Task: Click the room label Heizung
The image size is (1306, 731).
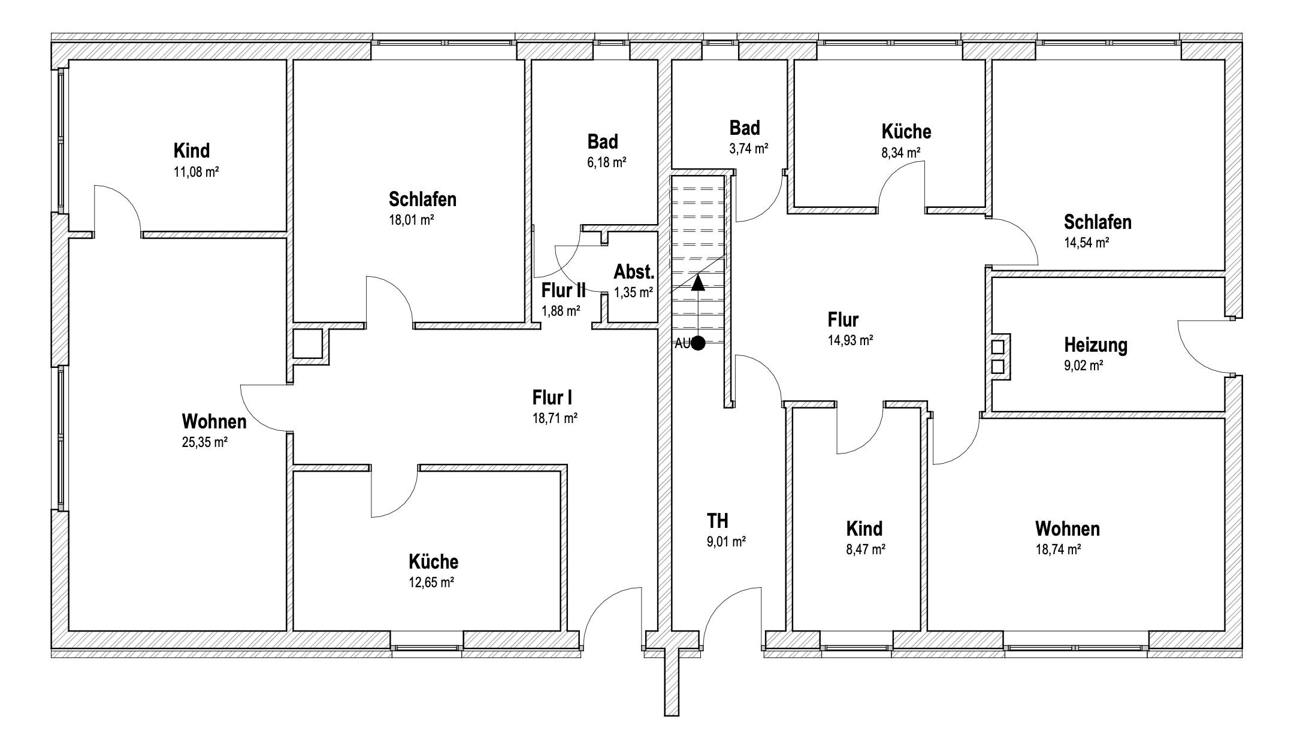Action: (x=1096, y=345)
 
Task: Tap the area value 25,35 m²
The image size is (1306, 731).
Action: (x=204, y=443)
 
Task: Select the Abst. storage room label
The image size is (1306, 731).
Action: (x=634, y=272)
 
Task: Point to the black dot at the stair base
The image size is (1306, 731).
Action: (x=698, y=343)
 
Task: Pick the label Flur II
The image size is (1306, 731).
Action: (x=564, y=291)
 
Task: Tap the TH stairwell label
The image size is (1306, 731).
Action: (x=718, y=521)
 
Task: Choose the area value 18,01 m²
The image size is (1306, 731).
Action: (x=412, y=220)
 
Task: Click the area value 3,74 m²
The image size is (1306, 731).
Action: (x=749, y=149)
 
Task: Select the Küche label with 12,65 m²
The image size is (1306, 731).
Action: (x=434, y=562)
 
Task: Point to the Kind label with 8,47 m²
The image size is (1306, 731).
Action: (x=864, y=528)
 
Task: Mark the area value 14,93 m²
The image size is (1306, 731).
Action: (x=850, y=341)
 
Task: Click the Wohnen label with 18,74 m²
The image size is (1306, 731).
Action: (x=1068, y=529)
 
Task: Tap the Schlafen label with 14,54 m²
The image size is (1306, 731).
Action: (x=1098, y=222)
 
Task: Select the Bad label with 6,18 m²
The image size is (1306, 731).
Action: (x=603, y=142)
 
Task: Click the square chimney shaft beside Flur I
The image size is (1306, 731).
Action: (x=308, y=343)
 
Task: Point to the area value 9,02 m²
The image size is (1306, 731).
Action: (x=1084, y=366)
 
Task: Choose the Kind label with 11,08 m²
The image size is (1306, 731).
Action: (x=192, y=150)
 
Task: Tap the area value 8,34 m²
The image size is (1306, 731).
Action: (x=901, y=153)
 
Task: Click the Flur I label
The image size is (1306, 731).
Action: (x=552, y=397)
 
